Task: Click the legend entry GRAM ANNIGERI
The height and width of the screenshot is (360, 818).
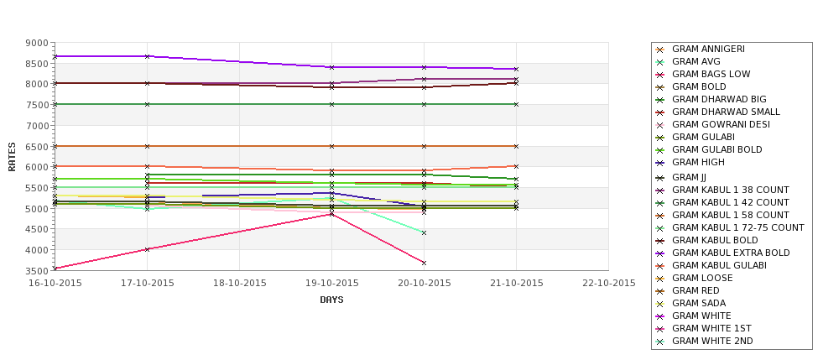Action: tap(708, 50)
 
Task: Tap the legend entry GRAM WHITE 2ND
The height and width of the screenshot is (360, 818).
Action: tap(712, 341)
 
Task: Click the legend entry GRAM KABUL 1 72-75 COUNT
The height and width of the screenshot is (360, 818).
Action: tap(737, 227)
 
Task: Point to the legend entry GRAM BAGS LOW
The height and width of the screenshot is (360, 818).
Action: tap(711, 75)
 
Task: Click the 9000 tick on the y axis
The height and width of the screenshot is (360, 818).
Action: tap(36, 43)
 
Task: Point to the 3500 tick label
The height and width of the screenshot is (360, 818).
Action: tap(36, 271)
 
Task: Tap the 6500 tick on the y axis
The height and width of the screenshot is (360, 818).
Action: tap(36, 147)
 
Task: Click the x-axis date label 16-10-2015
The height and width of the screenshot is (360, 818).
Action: tap(55, 284)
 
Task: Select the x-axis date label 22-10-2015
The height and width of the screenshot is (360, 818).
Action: tap(608, 284)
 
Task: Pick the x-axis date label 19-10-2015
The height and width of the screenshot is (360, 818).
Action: tap(331, 284)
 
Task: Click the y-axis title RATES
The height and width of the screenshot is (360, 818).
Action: tap(13, 156)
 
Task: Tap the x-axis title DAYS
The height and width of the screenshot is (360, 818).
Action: tap(331, 300)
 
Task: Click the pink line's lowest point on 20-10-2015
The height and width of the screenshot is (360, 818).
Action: tap(424, 263)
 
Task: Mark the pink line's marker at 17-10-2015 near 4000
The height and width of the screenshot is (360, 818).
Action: tap(147, 249)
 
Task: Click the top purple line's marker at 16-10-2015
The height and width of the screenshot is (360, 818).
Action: tap(55, 56)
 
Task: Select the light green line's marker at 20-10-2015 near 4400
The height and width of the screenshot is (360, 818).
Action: tap(424, 232)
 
